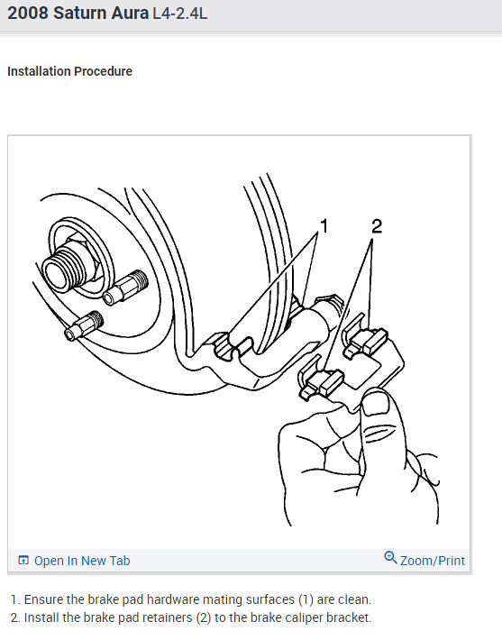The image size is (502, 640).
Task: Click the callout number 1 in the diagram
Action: click(324, 225)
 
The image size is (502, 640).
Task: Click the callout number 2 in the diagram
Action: click(376, 225)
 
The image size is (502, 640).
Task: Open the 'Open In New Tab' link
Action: click(81, 561)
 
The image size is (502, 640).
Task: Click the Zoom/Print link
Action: click(433, 561)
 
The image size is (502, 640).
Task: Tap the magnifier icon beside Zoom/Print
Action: click(390, 558)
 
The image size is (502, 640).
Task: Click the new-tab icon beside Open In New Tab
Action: click(23, 561)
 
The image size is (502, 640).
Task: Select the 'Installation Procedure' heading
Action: click(69, 71)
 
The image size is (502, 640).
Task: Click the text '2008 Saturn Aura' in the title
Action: click(78, 15)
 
